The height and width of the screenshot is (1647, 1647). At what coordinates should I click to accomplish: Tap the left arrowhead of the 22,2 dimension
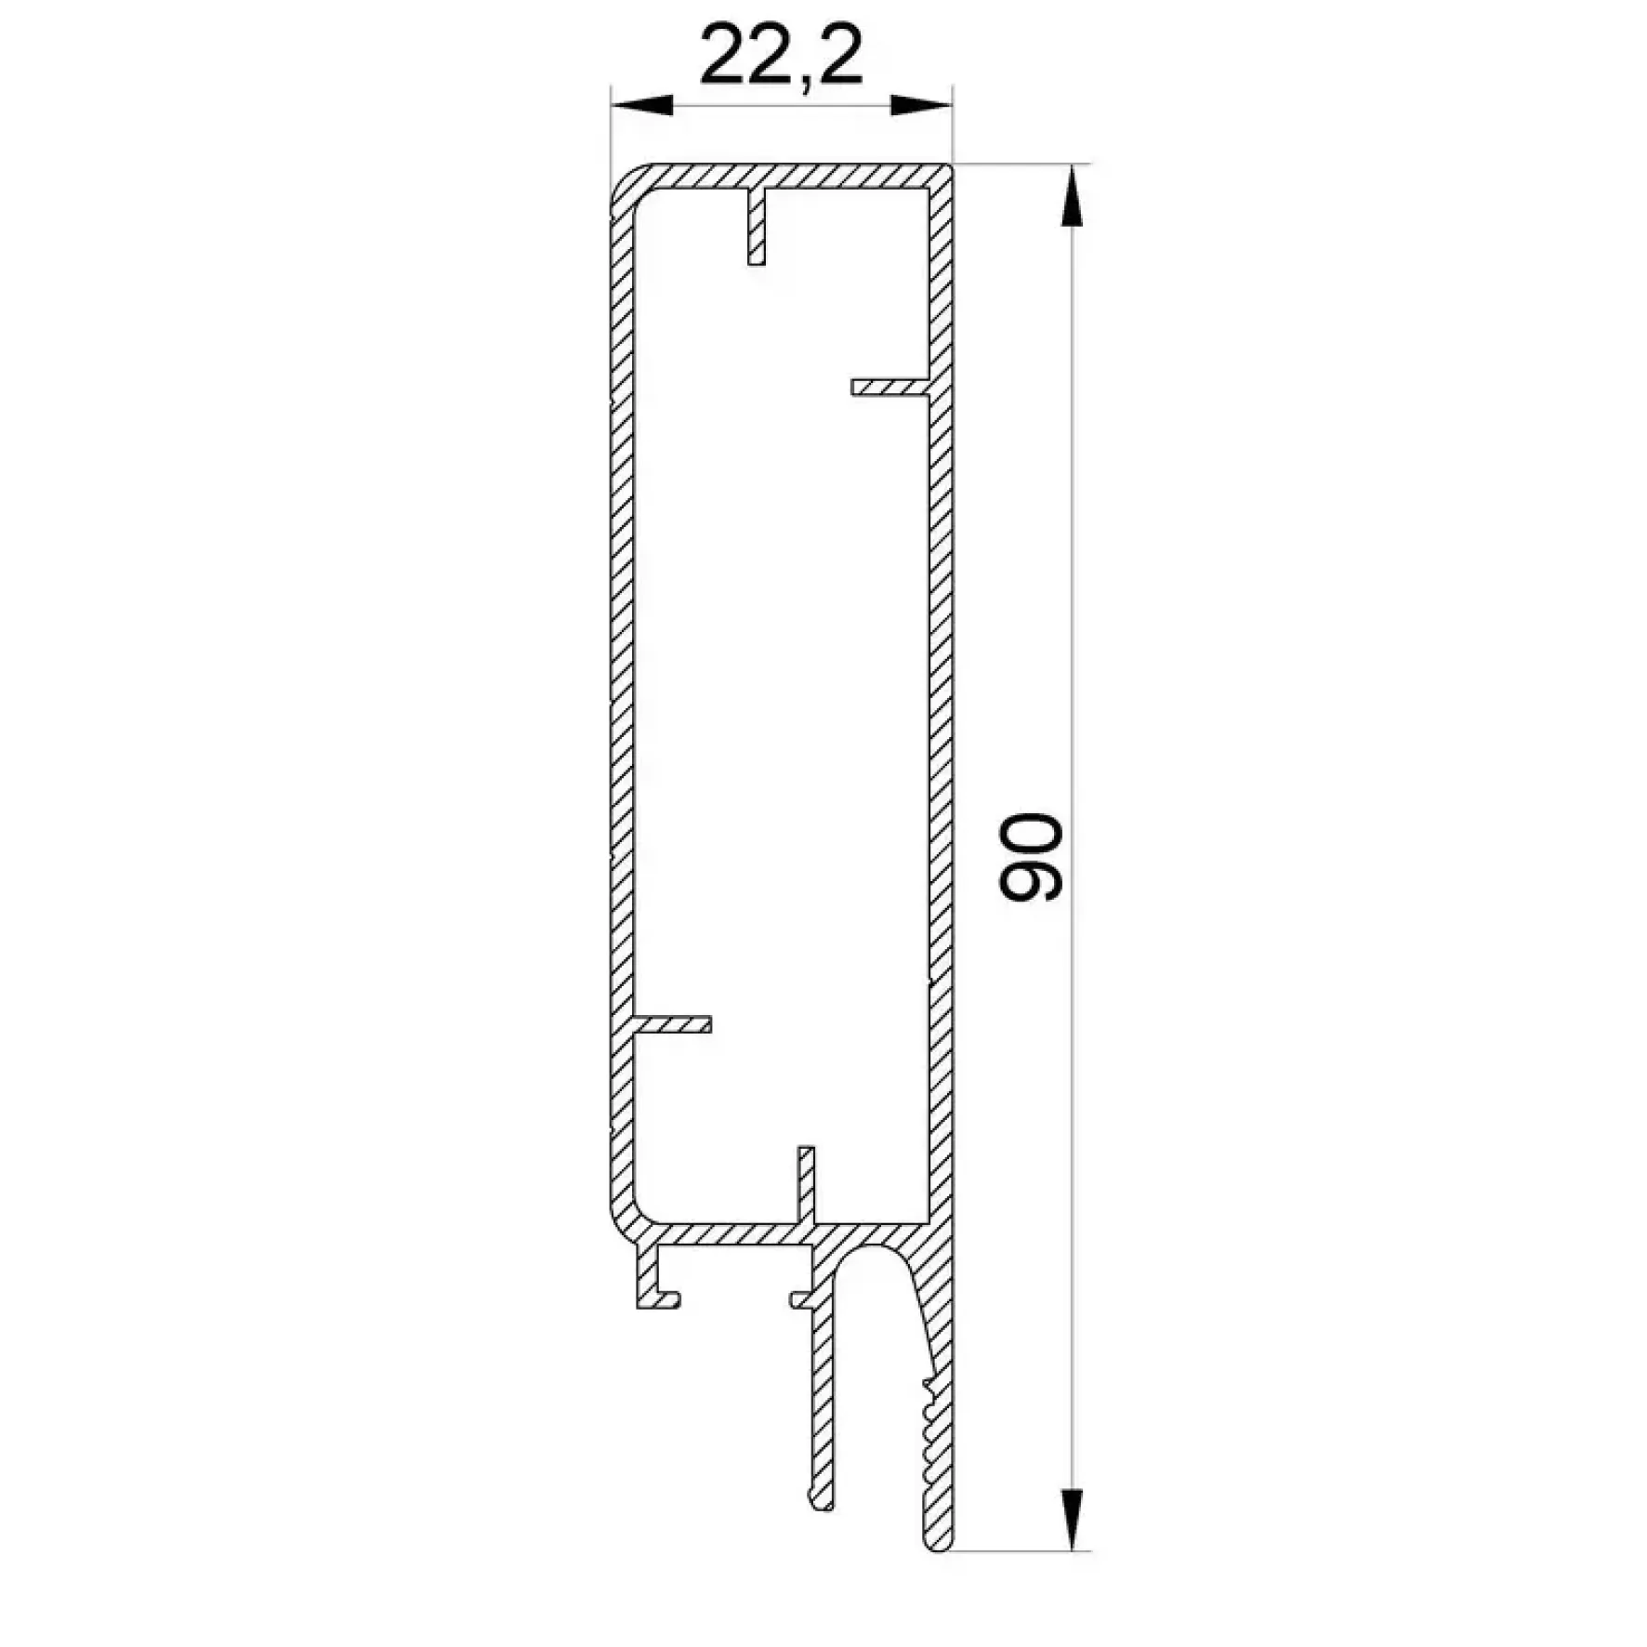641,104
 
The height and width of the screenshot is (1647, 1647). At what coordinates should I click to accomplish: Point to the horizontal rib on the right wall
890,387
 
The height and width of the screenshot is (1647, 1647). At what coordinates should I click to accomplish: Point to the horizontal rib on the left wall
671,1024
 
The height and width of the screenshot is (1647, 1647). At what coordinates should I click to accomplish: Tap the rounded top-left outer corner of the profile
623,178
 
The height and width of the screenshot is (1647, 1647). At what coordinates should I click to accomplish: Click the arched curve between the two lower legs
869,1255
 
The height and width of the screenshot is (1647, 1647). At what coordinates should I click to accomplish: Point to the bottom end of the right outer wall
939,1545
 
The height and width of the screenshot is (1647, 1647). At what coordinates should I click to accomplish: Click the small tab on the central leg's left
800,1299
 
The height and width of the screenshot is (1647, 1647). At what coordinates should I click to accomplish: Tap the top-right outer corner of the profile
950,167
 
